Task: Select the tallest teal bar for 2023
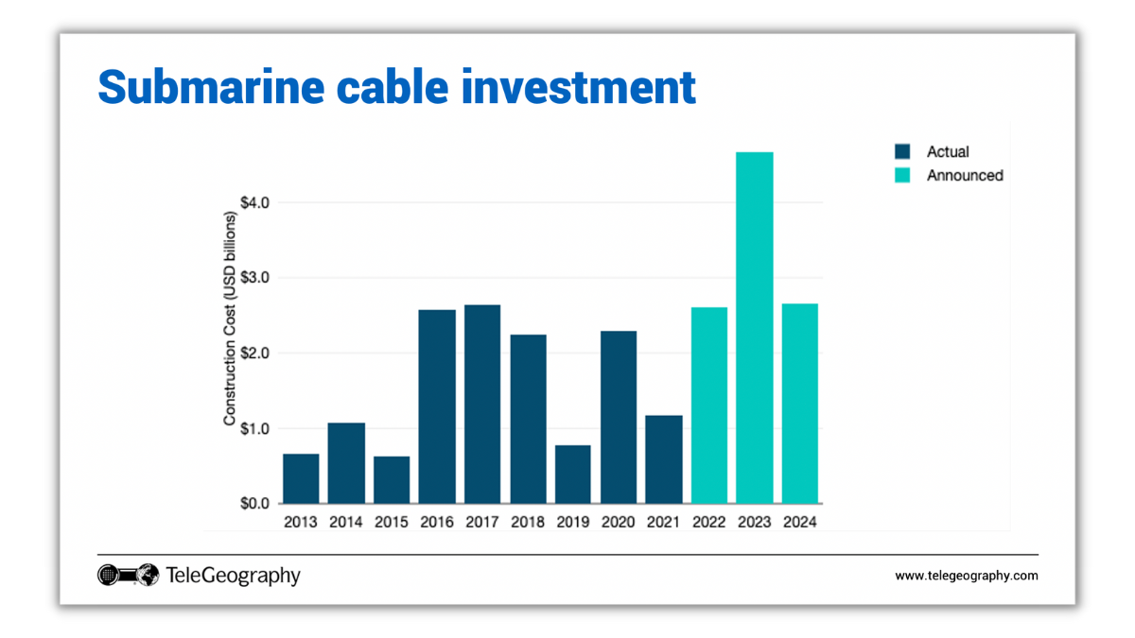click(x=754, y=327)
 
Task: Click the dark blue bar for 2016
click(x=436, y=406)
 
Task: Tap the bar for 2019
click(x=572, y=474)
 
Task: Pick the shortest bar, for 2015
click(x=391, y=480)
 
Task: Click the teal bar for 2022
click(x=708, y=405)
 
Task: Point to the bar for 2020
click(x=618, y=417)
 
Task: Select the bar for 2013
click(x=300, y=478)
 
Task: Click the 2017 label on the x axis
click(x=481, y=522)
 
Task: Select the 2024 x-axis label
click(x=799, y=522)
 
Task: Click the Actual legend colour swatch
click(x=902, y=151)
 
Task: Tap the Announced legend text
click(x=964, y=176)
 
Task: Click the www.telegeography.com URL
click(x=966, y=576)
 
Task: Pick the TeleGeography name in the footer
click(x=233, y=575)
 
